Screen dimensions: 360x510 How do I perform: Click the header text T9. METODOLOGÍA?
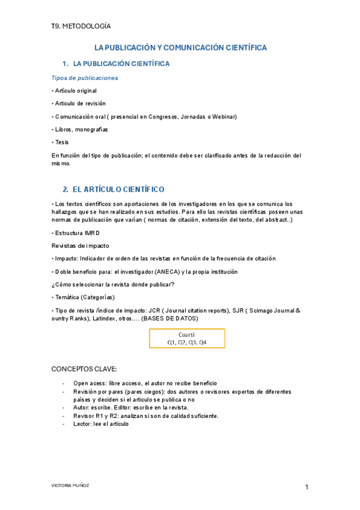(81, 26)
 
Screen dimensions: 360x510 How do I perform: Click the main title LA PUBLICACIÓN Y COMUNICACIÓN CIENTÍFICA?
(181, 48)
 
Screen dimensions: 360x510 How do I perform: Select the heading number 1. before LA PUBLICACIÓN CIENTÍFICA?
(65, 64)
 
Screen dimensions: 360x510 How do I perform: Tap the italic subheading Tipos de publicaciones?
(85, 78)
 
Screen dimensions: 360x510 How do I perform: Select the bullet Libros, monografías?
(81, 129)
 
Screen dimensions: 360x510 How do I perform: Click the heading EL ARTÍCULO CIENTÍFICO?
(118, 189)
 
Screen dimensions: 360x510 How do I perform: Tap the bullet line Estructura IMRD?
(76, 232)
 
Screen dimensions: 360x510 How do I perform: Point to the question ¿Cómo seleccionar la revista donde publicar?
(114, 284)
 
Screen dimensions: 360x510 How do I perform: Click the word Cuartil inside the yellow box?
(187, 334)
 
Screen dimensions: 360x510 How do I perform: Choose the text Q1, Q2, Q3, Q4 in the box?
(187, 342)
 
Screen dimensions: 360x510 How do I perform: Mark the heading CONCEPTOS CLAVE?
(84, 369)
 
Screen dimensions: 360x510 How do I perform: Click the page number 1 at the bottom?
(307, 487)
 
